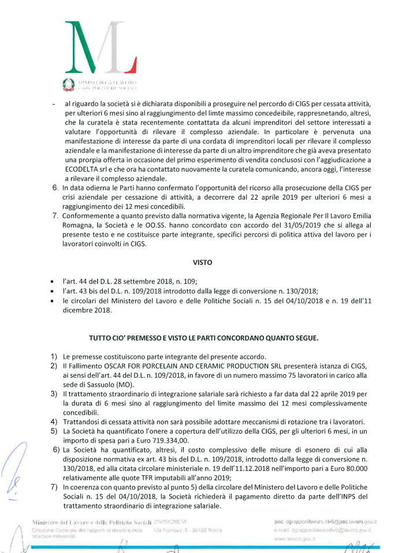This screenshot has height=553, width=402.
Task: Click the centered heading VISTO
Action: tap(201, 262)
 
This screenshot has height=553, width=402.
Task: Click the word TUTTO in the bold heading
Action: tap(101, 337)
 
